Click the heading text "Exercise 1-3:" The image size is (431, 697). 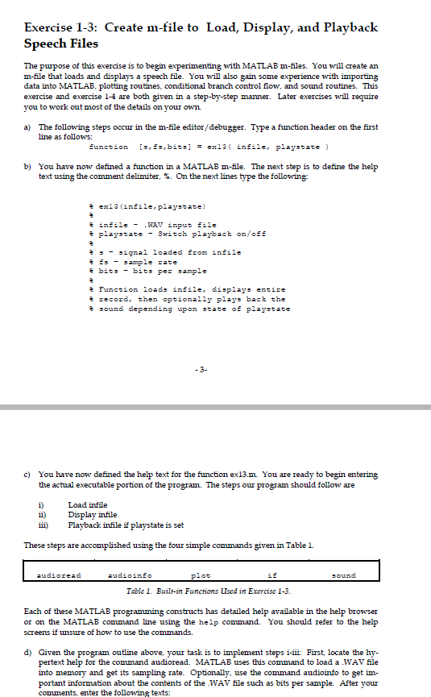pyautogui.click(x=61, y=27)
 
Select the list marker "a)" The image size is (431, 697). pyautogui.click(x=29, y=128)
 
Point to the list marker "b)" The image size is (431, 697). pyautogui.click(x=29, y=166)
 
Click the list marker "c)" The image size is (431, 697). pyautogui.click(x=29, y=475)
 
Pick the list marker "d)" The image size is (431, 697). pyautogui.click(x=29, y=650)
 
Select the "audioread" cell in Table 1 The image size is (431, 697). pyautogui.click(x=60, y=575)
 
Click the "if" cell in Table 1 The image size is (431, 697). pyautogui.click(x=271, y=575)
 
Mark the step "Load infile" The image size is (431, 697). pyautogui.click(x=87, y=505)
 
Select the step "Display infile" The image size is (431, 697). pyautogui.click(x=92, y=515)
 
